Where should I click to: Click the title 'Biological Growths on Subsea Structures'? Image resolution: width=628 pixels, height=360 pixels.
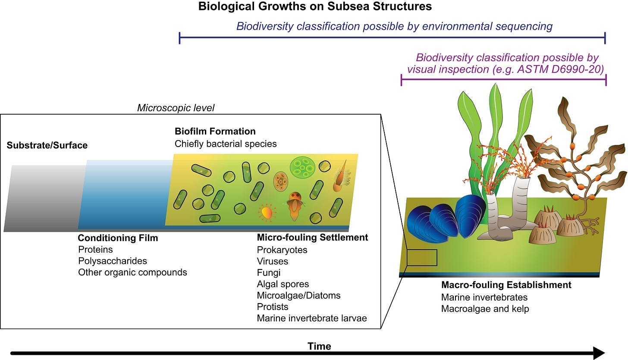point(315,7)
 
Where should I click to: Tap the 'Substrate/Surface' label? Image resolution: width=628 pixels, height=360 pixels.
point(47,145)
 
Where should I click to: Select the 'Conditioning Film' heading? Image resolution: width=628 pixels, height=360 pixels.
point(118,238)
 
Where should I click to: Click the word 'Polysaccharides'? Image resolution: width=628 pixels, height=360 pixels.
point(113,261)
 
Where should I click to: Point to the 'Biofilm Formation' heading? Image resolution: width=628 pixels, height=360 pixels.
point(215,131)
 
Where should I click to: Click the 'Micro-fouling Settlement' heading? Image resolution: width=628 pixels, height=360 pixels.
point(312,238)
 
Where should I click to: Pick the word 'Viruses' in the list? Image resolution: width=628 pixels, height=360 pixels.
point(272,261)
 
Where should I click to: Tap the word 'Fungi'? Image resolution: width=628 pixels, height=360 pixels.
point(268,272)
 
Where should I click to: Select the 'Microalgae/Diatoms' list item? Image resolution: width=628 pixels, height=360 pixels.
point(298,295)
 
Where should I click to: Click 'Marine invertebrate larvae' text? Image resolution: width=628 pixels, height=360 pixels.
point(311,318)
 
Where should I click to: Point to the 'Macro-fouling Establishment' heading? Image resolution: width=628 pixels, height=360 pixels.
point(506,285)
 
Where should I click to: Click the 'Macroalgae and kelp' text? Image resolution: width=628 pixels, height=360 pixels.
point(485,309)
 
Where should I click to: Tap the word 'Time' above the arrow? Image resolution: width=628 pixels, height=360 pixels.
point(319,346)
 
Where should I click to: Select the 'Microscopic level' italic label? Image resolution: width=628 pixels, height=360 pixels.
point(176,108)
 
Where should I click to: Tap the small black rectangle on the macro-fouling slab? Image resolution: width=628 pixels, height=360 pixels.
point(422,257)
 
